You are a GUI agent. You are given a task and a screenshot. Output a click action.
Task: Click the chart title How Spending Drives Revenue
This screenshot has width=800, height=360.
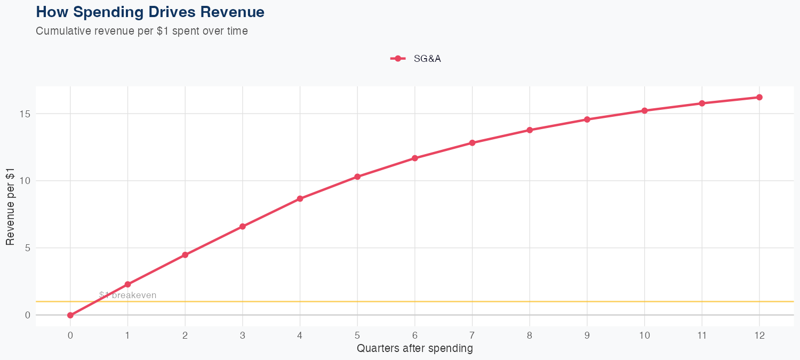[150, 12]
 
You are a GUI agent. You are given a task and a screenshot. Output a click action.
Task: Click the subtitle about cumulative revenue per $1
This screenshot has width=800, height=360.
[141, 31]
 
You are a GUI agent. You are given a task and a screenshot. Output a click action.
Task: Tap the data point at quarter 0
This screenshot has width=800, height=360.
[70, 315]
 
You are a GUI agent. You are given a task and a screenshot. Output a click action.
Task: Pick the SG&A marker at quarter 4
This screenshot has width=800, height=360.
[300, 198]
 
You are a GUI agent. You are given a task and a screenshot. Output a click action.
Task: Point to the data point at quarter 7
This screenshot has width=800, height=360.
[472, 143]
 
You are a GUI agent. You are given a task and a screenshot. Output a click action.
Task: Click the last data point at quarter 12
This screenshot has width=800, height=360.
[759, 97]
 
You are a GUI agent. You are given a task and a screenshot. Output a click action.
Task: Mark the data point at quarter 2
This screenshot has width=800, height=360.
[185, 255]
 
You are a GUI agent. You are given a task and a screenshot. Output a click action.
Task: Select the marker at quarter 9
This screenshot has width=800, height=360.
[587, 119]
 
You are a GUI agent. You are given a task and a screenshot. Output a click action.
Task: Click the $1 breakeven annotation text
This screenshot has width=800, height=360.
[128, 295]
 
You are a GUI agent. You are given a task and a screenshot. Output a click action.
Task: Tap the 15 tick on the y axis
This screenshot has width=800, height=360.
[26, 114]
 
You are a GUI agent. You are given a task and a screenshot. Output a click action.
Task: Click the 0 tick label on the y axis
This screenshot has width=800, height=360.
[28, 315]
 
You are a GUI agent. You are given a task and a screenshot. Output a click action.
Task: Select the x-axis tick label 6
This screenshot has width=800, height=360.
[414, 335]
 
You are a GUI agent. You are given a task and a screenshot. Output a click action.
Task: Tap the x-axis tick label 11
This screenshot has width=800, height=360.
[702, 335]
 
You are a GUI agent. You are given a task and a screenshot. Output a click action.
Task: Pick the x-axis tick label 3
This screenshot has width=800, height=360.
[243, 335]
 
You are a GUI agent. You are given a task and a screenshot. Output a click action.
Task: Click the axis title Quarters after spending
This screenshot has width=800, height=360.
[414, 349]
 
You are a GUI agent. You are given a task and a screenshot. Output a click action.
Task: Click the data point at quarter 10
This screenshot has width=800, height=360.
[644, 110]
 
